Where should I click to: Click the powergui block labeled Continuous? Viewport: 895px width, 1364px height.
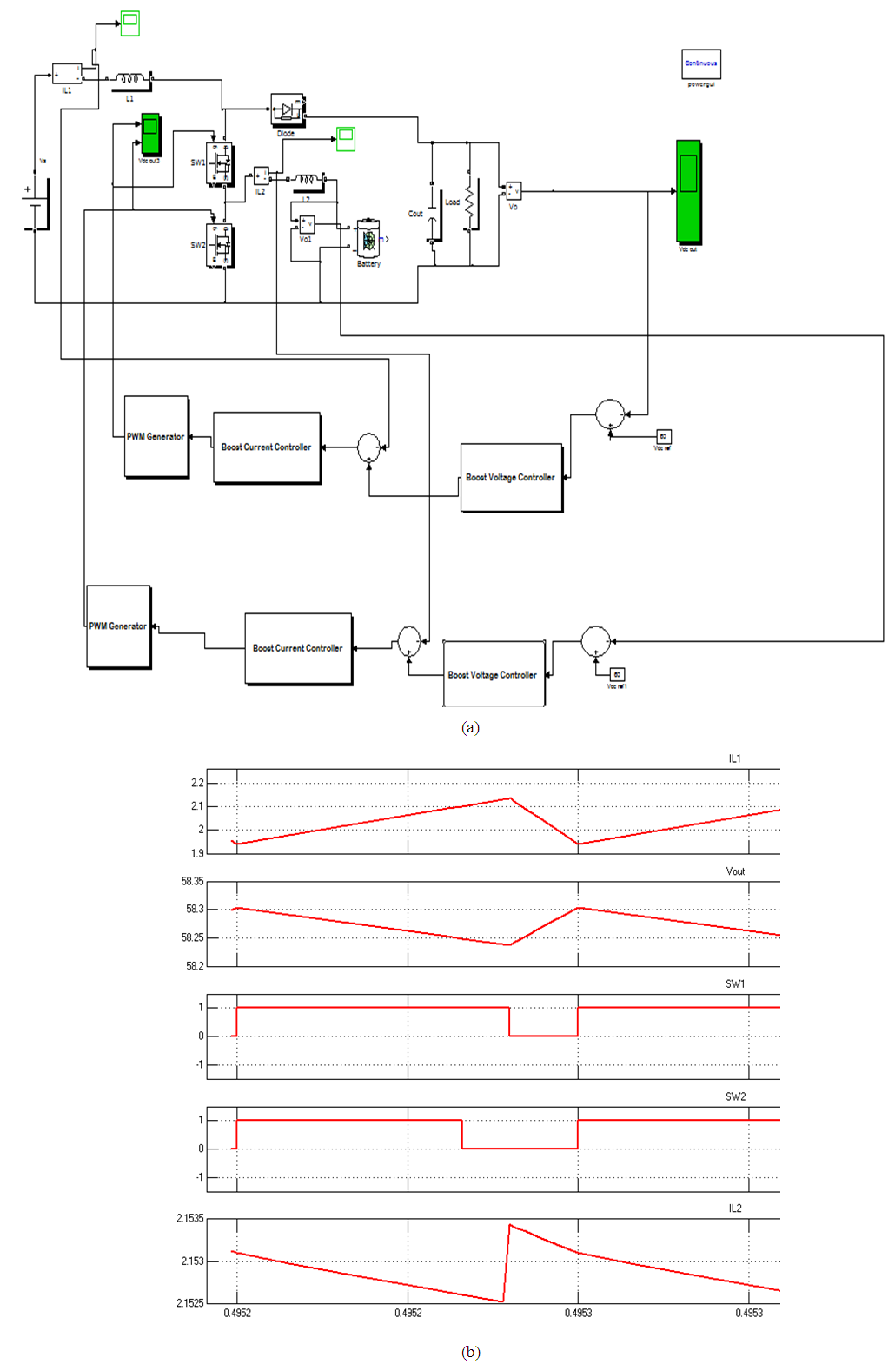coord(700,63)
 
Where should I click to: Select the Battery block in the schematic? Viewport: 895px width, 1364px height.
coord(369,239)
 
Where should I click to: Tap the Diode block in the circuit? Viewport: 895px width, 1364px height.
coord(287,110)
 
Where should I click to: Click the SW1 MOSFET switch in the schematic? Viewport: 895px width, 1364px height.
coord(220,162)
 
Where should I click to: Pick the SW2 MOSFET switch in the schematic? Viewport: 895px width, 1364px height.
coord(221,246)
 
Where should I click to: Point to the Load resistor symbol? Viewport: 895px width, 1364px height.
coord(470,204)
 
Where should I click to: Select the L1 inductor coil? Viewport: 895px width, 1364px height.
coord(132,79)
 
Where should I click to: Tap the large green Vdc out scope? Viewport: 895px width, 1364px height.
coord(688,191)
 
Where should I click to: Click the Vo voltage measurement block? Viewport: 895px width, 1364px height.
coord(514,190)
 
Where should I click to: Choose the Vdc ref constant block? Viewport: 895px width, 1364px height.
coord(663,436)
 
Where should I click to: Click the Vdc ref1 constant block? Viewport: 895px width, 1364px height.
coord(617,674)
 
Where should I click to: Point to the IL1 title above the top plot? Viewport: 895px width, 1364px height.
coord(734,758)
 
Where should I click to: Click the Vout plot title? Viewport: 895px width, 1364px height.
coord(735,871)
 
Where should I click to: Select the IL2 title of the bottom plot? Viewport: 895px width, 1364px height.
coord(735,1208)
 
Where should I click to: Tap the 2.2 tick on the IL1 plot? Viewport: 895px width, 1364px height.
coord(197,783)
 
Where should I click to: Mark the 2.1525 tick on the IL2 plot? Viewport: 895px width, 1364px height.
coord(190,1303)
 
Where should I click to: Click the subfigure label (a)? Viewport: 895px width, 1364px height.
coord(470,727)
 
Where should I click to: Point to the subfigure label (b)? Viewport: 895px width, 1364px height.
coord(470,1352)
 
